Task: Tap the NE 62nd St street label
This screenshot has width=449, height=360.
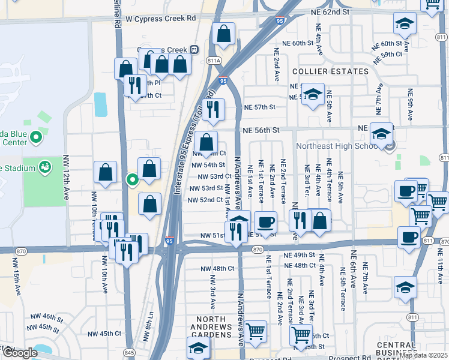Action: [x=330, y=12]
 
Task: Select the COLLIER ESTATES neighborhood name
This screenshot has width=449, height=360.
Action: [x=330, y=71]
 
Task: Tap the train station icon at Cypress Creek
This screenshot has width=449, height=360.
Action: [x=194, y=49]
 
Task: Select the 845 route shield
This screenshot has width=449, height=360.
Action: [x=129, y=352]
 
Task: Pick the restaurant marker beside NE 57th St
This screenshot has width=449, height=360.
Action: [x=213, y=109]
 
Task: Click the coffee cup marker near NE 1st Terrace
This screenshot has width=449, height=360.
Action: [x=265, y=222]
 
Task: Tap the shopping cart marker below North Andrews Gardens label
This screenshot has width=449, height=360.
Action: [x=256, y=331]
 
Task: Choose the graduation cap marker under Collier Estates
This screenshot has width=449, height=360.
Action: [x=313, y=94]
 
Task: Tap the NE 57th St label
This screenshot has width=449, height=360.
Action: [x=259, y=107]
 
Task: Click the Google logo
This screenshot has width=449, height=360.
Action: [x=20, y=353]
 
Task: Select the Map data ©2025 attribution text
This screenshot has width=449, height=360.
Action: [x=424, y=355]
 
